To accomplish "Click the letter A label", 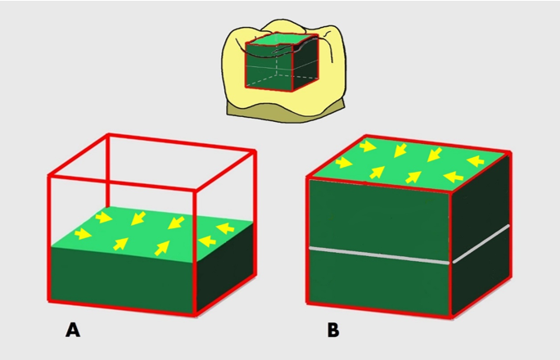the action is pos(73,330).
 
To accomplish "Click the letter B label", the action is pos(333,331).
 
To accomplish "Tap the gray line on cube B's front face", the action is pos(379,255).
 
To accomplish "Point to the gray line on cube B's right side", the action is pos(481,244).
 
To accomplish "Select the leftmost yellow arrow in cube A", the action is pos(83,234).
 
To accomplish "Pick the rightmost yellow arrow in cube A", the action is pos(226,227).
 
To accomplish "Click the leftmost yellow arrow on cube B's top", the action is pos(344,162).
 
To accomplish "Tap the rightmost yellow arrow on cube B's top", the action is pos(476,161).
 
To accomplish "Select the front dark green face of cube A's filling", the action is pos(123,280).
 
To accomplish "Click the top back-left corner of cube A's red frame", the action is pos(108,135).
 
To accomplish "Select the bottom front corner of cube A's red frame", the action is pos(195,315).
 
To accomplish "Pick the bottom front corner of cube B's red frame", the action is pos(451,316).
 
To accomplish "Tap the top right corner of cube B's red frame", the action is pos(510,153).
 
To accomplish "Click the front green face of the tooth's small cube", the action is pos(269,67).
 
